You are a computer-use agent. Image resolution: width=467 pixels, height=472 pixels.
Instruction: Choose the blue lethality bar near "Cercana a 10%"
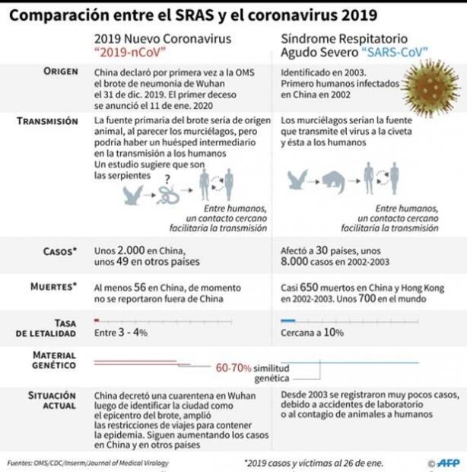tap(288, 321)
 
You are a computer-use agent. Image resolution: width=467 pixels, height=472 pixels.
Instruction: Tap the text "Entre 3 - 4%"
tap(119, 333)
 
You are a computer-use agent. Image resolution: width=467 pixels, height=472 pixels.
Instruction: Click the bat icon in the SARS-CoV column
tap(297, 180)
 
